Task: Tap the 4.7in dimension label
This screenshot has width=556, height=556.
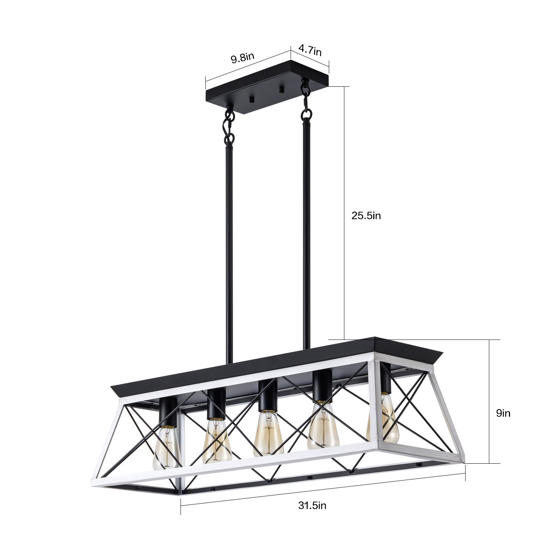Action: click(x=310, y=50)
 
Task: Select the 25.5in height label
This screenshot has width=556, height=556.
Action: click(x=366, y=216)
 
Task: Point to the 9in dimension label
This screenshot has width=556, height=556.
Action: click(x=503, y=413)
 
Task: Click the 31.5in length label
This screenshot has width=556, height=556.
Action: click(x=312, y=505)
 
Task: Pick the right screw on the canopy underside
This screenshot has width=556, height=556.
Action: click(x=281, y=90)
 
